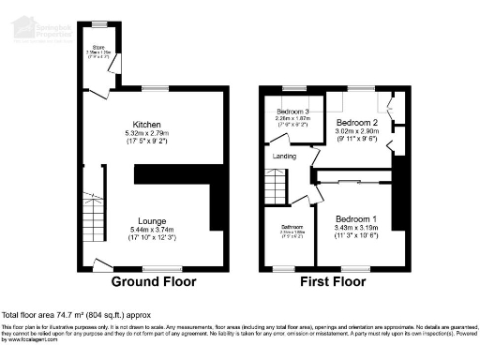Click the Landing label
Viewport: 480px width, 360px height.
(284, 157)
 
